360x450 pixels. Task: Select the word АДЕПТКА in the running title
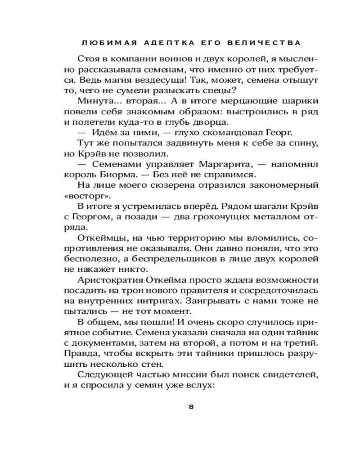[166, 43]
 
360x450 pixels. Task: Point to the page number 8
[191, 407]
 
